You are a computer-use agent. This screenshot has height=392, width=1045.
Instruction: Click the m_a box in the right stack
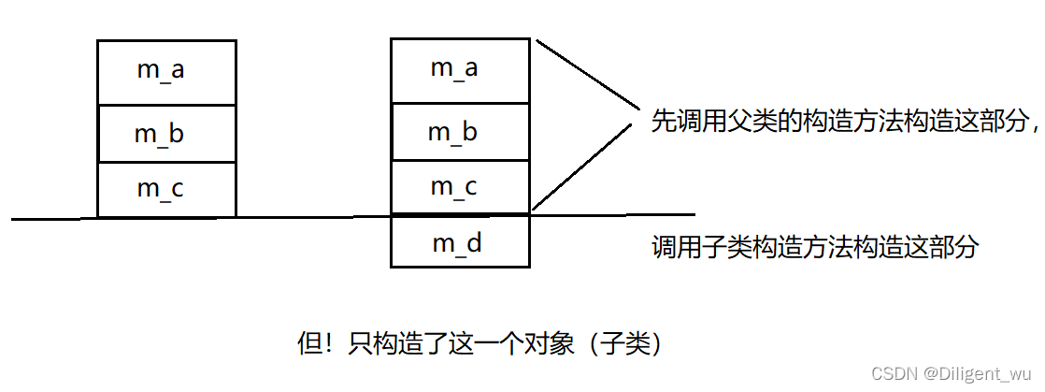[460, 68]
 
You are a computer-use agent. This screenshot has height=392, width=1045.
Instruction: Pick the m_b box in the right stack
[460, 132]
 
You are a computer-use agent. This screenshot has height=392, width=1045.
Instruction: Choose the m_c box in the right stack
[460, 186]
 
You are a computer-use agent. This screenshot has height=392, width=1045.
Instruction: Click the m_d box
[460, 243]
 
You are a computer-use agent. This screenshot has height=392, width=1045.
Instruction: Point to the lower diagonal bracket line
[585, 167]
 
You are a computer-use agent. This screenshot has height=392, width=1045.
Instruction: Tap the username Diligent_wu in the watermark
[981, 373]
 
